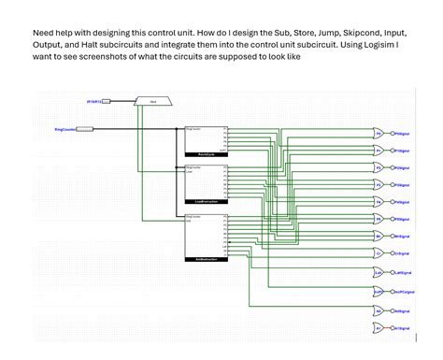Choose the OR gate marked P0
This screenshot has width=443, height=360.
point(379,134)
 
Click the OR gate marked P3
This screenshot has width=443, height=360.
point(379,185)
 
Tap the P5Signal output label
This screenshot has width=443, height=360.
point(402,219)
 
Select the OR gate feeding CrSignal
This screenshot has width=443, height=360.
point(379,252)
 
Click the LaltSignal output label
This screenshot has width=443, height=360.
point(403,272)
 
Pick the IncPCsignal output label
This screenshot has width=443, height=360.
point(405,292)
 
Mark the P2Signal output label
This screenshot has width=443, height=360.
point(402,167)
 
